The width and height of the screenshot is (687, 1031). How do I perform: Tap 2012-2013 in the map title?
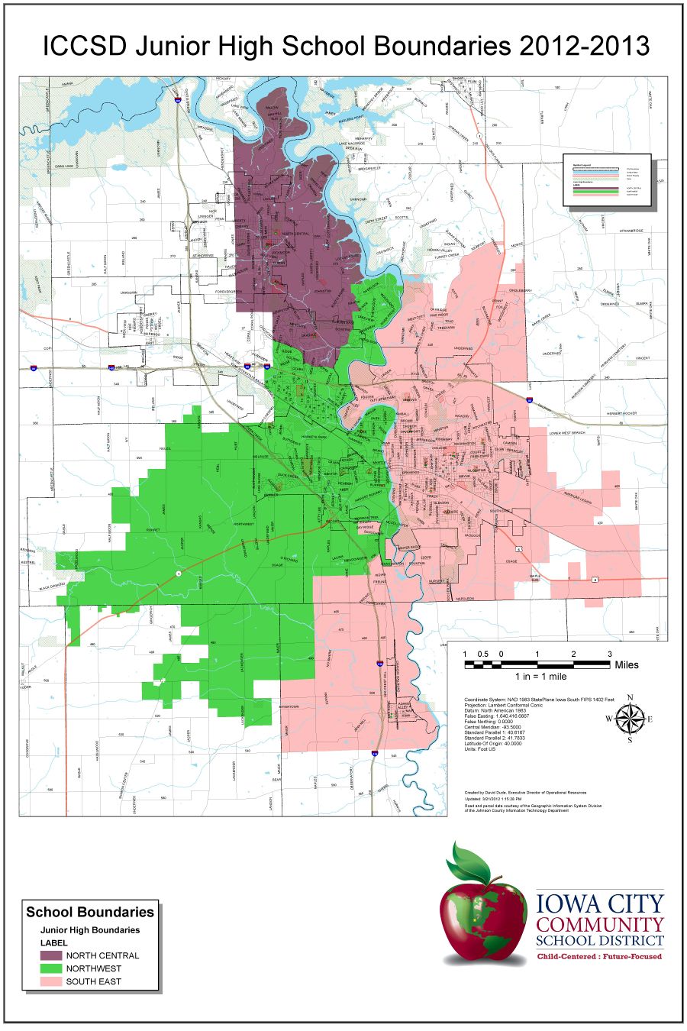pyautogui.click(x=584, y=47)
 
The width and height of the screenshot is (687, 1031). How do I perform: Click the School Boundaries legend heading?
pyautogui.click(x=90, y=912)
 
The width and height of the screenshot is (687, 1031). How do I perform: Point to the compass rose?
pyautogui.click(x=630, y=718)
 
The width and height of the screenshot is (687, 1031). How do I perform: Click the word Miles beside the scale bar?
pyautogui.click(x=626, y=665)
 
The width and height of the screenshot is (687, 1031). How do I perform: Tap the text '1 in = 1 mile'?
pyautogui.click(x=540, y=677)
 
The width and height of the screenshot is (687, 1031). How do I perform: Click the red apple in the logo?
pyautogui.click(x=483, y=916)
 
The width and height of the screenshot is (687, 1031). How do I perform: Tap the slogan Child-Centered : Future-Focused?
pyautogui.click(x=599, y=956)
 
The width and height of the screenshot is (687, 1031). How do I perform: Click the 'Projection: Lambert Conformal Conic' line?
pyautogui.click(x=505, y=706)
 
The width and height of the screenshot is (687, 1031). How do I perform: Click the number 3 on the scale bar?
pyautogui.click(x=609, y=654)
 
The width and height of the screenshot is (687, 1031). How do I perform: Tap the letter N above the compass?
pyautogui.click(x=630, y=697)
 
